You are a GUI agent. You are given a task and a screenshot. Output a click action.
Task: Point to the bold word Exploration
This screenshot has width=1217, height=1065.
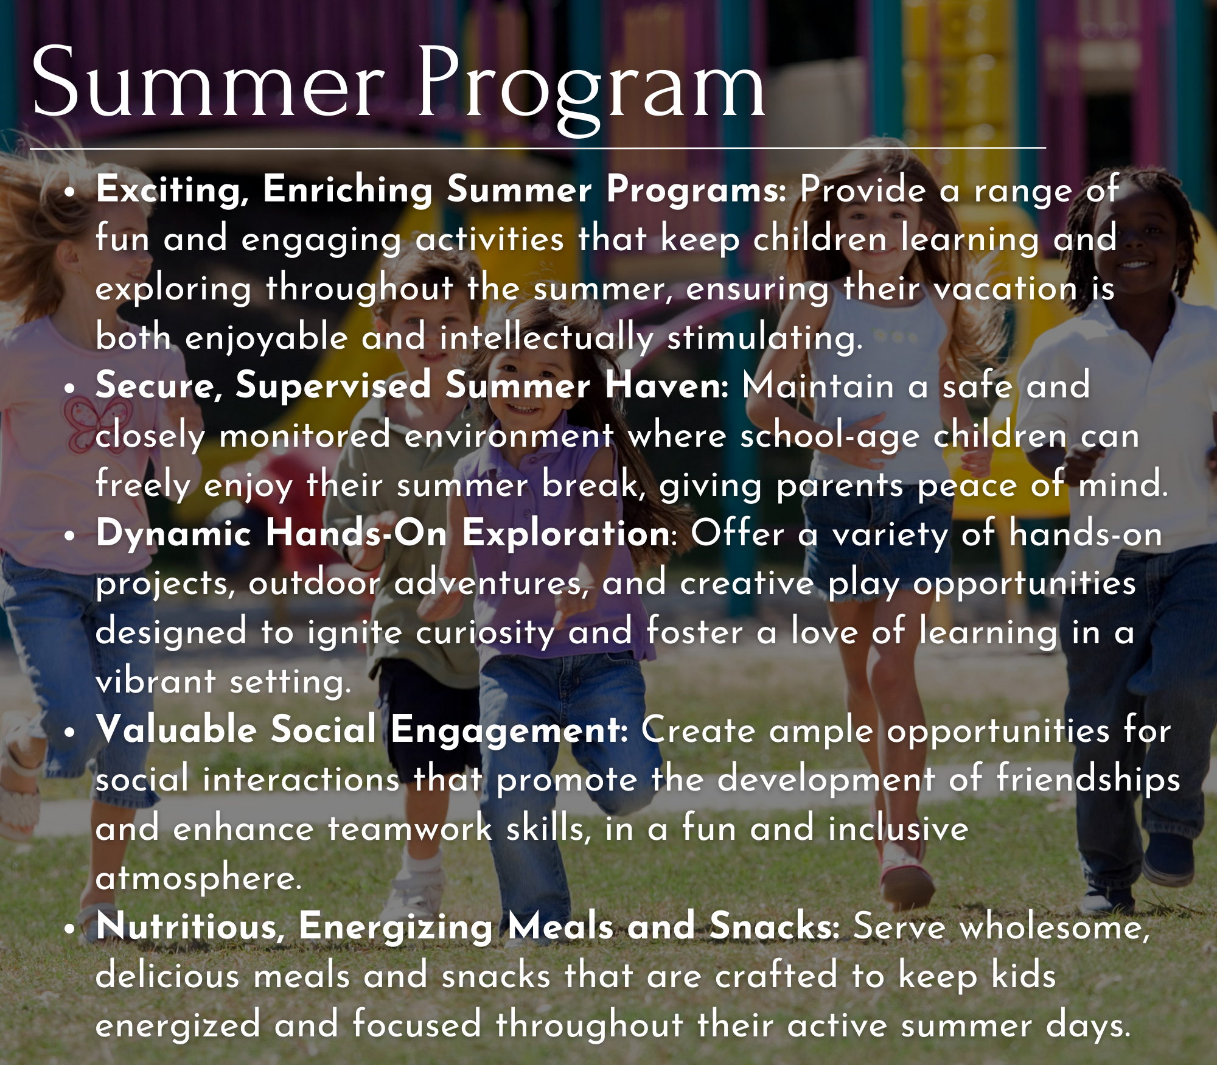click(x=566, y=534)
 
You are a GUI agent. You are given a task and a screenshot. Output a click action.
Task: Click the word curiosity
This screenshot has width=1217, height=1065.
click(x=485, y=634)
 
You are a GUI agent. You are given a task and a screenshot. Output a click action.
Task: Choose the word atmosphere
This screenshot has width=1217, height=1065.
click(x=198, y=879)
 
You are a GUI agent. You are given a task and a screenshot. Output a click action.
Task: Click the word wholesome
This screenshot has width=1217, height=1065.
click(x=1001, y=927)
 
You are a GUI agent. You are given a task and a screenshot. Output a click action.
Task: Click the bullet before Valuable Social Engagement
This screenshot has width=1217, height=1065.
click(x=71, y=733)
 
